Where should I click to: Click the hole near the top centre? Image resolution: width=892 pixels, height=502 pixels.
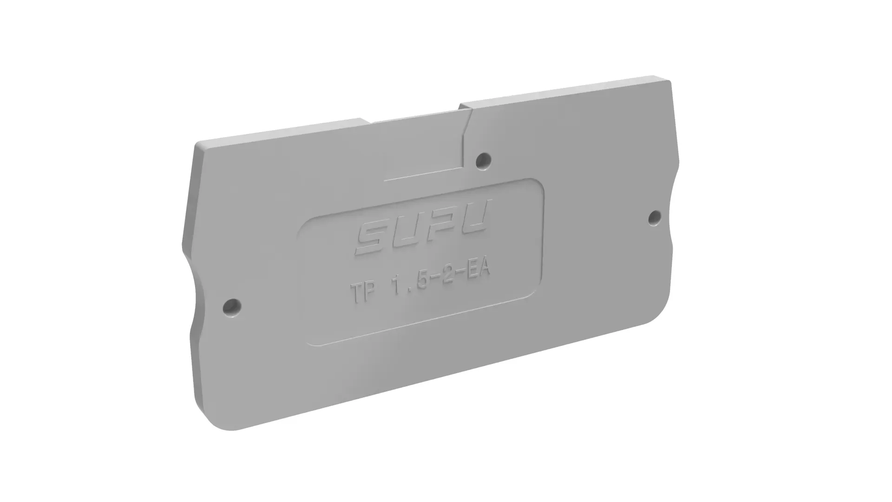484,160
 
